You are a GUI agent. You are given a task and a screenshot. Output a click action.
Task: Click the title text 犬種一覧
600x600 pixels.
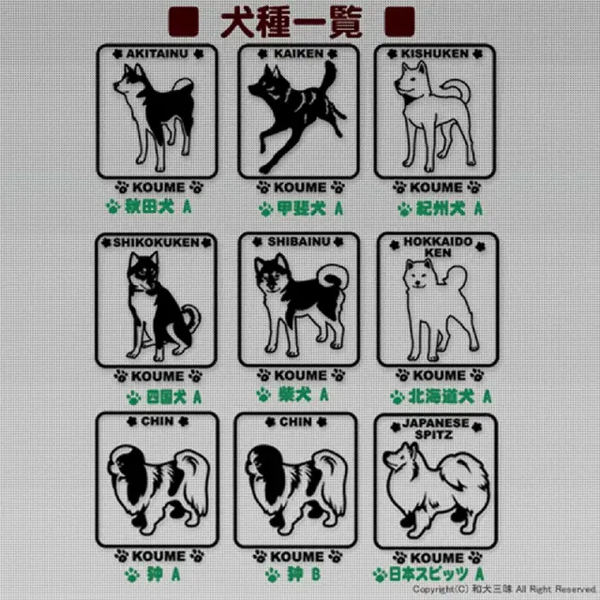pos(291,21)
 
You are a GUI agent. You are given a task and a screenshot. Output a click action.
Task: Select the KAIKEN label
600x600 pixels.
pos(297,53)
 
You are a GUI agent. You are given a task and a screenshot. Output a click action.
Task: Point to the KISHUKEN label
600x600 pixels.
pos(434,53)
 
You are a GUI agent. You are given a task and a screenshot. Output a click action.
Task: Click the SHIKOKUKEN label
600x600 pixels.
pos(157,242)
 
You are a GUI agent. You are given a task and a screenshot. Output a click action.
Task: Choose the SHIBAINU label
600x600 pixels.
pos(297,242)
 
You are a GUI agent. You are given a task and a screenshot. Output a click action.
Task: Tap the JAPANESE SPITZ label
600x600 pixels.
pos(435,428)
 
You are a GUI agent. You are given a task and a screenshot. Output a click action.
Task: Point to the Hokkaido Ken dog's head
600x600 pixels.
pos(417,276)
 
